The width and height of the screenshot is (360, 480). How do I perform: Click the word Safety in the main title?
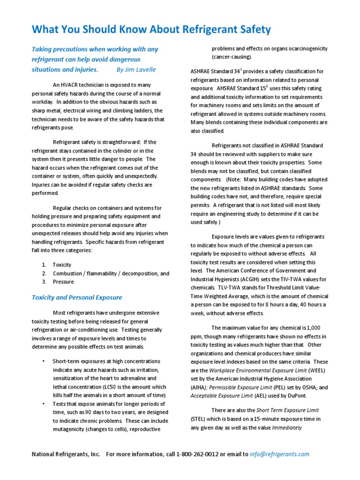[x=251, y=30]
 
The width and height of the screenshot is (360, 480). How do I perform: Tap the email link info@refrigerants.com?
[x=280, y=454]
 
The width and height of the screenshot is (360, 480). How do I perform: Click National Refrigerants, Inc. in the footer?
[x=66, y=454]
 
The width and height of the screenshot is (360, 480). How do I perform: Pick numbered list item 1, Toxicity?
[x=62, y=265]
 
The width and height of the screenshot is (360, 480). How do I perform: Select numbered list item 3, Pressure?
[x=63, y=282]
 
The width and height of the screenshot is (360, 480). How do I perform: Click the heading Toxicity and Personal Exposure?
[x=77, y=297]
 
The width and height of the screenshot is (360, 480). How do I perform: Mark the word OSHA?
[x=303, y=387]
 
